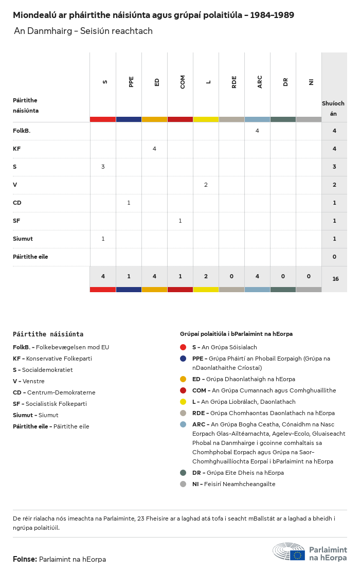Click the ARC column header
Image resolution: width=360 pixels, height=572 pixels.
pyautogui.click(x=260, y=82)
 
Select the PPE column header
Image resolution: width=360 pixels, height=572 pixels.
pyautogui.click(x=131, y=82)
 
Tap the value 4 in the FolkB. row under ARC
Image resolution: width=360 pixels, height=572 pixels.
pyautogui.click(x=257, y=131)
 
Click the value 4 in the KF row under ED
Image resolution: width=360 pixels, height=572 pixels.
pyautogui.click(x=154, y=149)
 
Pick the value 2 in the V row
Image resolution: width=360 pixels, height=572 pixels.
pyautogui.click(x=206, y=185)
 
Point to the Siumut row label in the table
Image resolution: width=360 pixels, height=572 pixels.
pyautogui.click(x=23, y=239)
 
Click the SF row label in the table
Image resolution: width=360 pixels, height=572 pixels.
pyautogui.click(x=16, y=221)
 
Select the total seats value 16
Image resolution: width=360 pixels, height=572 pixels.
pyautogui.click(x=335, y=279)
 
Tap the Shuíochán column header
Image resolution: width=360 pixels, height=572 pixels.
pyautogui.click(x=333, y=108)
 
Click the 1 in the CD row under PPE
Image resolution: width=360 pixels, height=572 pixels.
pyautogui.click(x=129, y=203)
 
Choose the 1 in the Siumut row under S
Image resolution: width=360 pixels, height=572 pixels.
pyautogui.click(x=103, y=239)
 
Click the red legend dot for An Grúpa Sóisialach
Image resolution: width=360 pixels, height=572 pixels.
pyautogui.click(x=183, y=347)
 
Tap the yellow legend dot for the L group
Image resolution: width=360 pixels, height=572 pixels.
pyautogui.click(x=183, y=402)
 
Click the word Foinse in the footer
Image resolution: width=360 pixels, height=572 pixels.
pyautogui.click(x=24, y=559)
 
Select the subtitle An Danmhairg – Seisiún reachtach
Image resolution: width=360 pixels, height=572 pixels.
pyautogui.click(x=83, y=31)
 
